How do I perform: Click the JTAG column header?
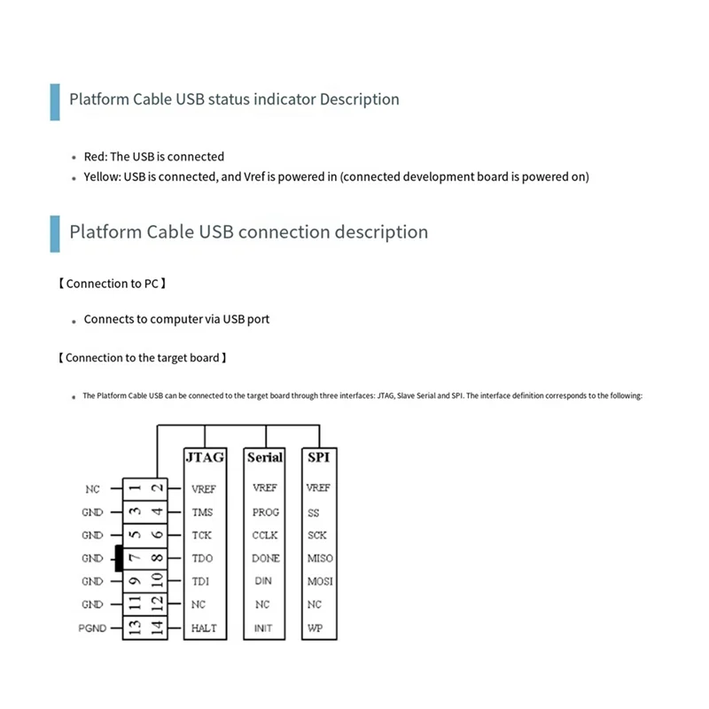point(205,457)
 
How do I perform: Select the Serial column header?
point(265,457)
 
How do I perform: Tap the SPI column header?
point(318,457)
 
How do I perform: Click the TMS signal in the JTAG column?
point(202,512)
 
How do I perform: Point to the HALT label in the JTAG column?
point(204,628)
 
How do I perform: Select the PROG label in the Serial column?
point(265,512)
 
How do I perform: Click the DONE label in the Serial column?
point(265,558)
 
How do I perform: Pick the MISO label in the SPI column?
point(319,558)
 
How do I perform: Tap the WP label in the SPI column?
point(315,628)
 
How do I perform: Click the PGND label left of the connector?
point(91,628)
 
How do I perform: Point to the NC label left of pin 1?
point(93,488)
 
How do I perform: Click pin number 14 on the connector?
point(156,628)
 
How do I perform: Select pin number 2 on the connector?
point(156,488)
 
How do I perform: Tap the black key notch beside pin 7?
point(118,558)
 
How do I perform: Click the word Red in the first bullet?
point(95,156)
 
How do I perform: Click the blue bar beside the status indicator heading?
point(55,100)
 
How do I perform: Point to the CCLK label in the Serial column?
point(265,535)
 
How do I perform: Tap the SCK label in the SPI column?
point(317,535)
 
